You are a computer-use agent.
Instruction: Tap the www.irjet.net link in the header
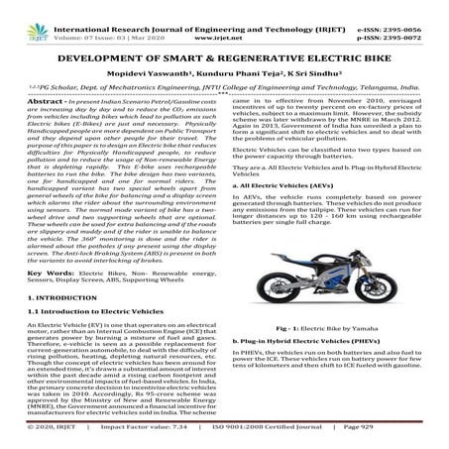coord(224,20)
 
